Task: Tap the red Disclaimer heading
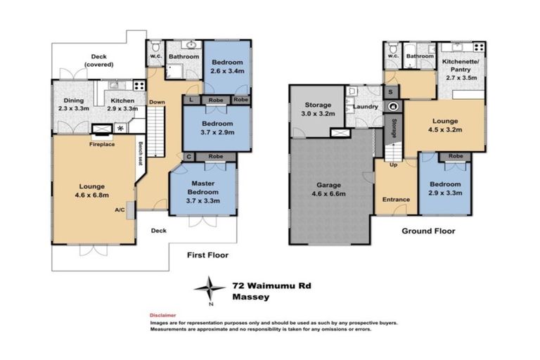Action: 162,316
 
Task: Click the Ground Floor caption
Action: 428,231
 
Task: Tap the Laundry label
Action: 366,107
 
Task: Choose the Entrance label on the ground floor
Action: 395,200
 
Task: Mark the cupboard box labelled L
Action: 191,100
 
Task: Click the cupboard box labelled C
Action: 188,156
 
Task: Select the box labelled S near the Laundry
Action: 390,91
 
